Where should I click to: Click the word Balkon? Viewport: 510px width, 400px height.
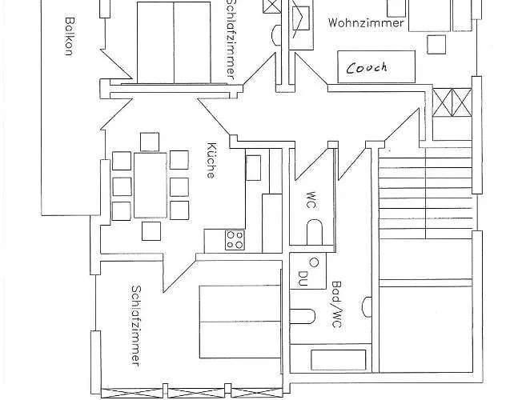70,37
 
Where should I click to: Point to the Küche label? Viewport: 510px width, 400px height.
211,160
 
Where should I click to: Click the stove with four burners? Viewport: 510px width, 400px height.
235,238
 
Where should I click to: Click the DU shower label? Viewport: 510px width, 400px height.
303,278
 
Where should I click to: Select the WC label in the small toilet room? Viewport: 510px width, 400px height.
310,199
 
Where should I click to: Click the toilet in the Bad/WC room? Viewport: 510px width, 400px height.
301,317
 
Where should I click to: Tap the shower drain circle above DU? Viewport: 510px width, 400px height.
314,262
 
